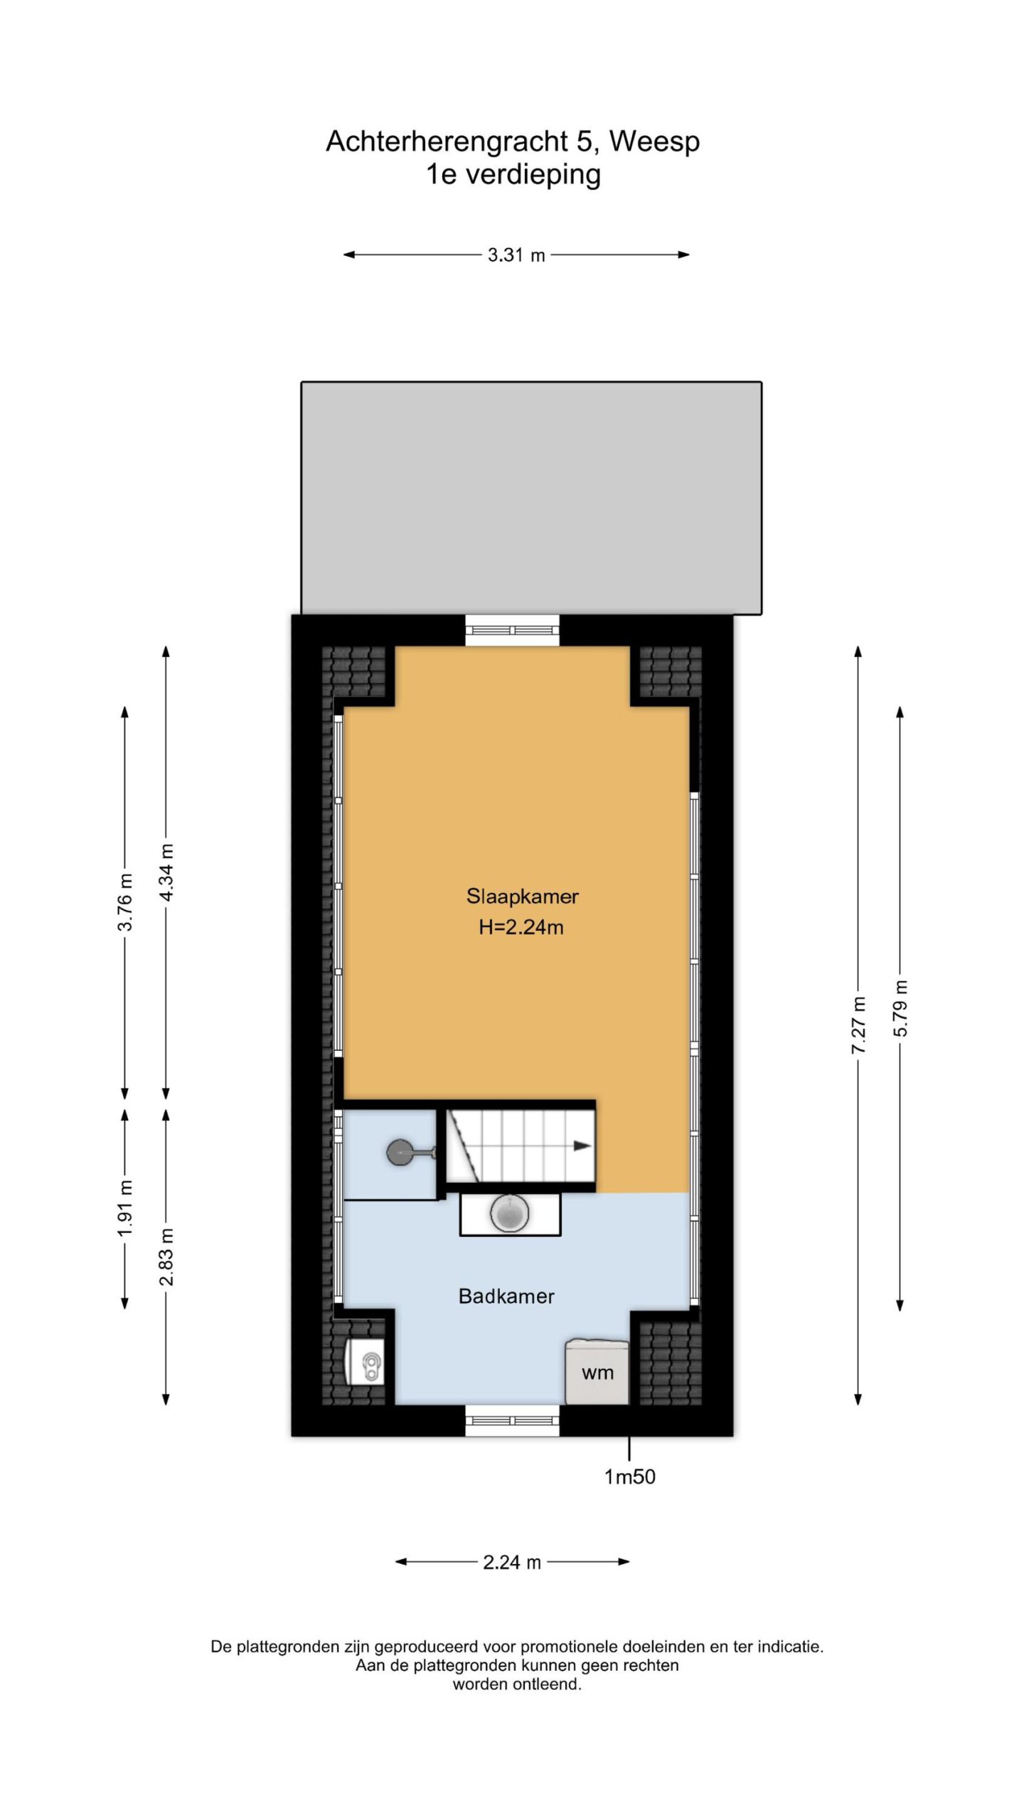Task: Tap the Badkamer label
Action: pyautogui.click(x=506, y=1296)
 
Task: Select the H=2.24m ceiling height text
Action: pyautogui.click(x=521, y=927)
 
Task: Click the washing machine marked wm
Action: pyautogui.click(x=597, y=1372)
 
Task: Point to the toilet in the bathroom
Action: pyautogui.click(x=364, y=1362)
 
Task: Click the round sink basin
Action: pyautogui.click(x=510, y=1213)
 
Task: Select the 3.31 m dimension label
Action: pyautogui.click(x=516, y=255)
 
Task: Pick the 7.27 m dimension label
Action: pyautogui.click(x=859, y=1025)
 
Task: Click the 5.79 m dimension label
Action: pyautogui.click(x=900, y=1008)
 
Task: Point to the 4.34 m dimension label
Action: pyautogui.click(x=166, y=872)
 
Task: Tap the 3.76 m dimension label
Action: pyautogui.click(x=125, y=901)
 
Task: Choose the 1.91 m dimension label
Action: pyautogui.click(x=125, y=1208)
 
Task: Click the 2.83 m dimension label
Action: pyautogui.click(x=166, y=1257)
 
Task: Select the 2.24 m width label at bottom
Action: pyautogui.click(x=512, y=1563)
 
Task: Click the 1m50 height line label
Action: pyautogui.click(x=629, y=1477)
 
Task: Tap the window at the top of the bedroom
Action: pyautogui.click(x=512, y=630)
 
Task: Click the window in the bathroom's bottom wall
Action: pyautogui.click(x=512, y=1420)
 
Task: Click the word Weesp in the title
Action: pyautogui.click(x=654, y=142)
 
